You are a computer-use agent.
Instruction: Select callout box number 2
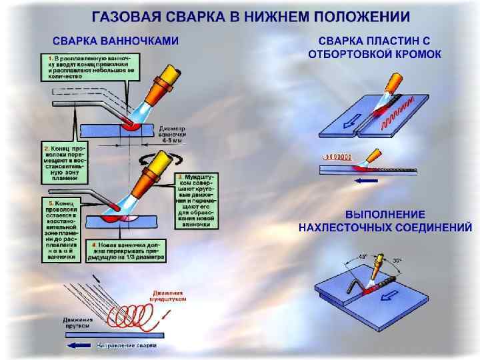pyautogui.click(x=65, y=161)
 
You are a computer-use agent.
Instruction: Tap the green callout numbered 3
pyautogui.click(x=197, y=200)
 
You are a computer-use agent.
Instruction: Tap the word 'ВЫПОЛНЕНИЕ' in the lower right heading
pyautogui.click(x=385, y=215)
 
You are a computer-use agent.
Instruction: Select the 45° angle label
pyautogui.click(x=363, y=255)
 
